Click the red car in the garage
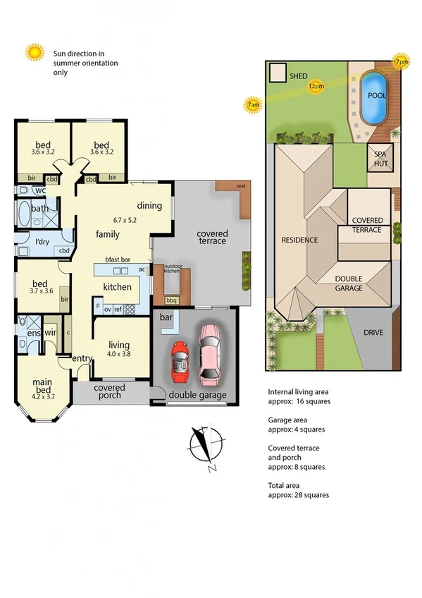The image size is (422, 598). (180, 360)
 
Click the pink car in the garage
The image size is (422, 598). (210, 353)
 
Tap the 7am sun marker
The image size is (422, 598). (253, 105)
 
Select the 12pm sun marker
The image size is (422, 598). (316, 86)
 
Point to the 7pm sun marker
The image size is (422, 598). (402, 61)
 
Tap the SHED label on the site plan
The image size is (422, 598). (299, 75)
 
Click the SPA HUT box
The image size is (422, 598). (380, 158)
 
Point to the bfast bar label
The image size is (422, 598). (117, 260)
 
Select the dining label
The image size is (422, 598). (149, 206)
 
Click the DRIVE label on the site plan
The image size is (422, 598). (373, 332)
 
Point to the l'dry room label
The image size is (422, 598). (32, 243)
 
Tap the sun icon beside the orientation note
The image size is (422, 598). (34, 53)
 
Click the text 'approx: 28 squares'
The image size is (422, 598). (298, 495)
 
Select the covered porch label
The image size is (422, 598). (109, 391)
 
